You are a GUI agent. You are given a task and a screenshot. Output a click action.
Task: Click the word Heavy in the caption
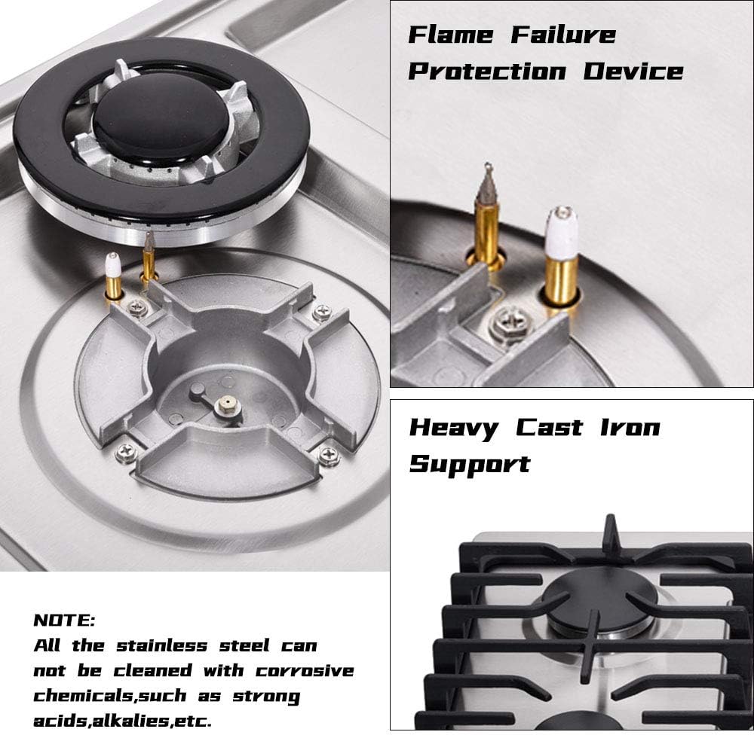point(453,428)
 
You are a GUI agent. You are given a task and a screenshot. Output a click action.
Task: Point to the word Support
point(469,463)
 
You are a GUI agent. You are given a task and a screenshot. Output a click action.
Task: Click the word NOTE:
point(64,621)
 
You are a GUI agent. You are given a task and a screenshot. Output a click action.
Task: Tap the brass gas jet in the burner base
point(226,406)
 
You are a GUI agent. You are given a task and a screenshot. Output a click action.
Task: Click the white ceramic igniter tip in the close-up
point(562,232)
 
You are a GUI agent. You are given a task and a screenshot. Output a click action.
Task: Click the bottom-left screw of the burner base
point(126,452)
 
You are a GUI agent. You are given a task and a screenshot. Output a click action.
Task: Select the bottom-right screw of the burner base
point(328,455)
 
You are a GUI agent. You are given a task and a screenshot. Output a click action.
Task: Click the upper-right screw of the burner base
point(322,310)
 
